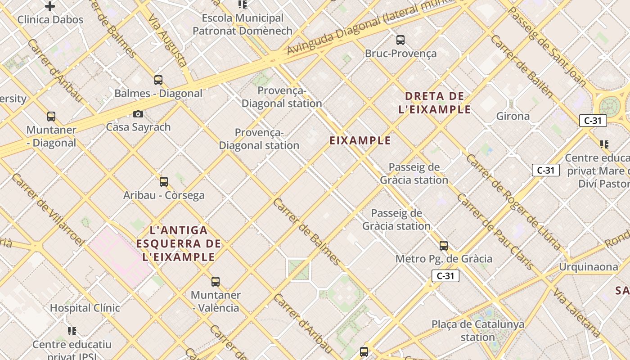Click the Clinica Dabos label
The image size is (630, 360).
[50, 20]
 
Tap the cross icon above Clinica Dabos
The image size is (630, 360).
[50, 6]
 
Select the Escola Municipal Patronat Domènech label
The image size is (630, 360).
[243, 25]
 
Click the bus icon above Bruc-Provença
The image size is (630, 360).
[400, 40]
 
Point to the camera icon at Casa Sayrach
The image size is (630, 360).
[138, 114]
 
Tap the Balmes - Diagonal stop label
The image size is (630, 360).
[158, 94]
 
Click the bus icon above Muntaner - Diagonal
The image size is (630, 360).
[51, 117]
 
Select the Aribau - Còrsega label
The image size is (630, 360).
[164, 195]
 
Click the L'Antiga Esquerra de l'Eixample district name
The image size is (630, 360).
[179, 244]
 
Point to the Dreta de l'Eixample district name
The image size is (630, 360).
[435, 103]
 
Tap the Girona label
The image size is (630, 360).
[513, 117]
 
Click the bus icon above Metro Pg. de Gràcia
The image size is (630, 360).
[444, 246]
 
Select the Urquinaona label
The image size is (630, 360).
[589, 267]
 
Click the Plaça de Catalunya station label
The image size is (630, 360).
[478, 331]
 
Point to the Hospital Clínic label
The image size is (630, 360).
[85, 308]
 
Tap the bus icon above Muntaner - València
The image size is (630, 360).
[216, 282]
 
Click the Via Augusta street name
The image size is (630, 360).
[167, 40]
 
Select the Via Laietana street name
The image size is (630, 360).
[577, 313]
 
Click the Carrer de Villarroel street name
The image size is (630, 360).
[48, 210]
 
